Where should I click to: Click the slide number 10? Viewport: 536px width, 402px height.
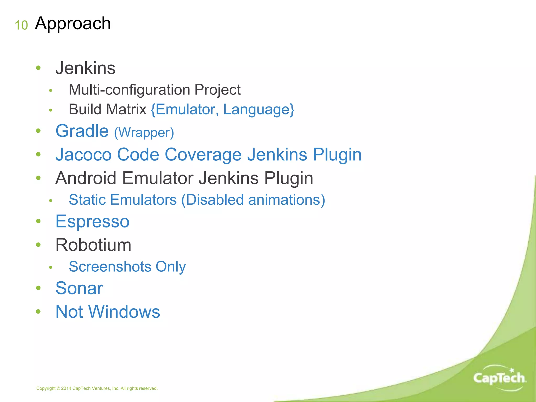tap(21, 25)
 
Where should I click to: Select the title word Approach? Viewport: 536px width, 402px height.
tap(73, 24)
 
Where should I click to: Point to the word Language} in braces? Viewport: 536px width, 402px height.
tap(259, 109)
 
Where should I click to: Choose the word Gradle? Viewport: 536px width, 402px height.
tap(82, 131)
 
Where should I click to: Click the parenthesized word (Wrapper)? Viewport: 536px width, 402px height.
tap(144, 132)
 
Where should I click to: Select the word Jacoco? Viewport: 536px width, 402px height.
tap(83, 154)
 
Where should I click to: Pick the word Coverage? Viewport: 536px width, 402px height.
tap(203, 154)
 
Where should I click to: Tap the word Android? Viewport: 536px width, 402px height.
tap(86, 178)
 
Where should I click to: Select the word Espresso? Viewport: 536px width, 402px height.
tap(92, 221)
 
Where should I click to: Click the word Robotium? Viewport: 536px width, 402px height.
tap(93, 245)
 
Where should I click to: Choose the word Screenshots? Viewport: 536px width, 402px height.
tap(110, 266)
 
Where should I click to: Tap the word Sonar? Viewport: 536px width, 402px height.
tap(79, 288)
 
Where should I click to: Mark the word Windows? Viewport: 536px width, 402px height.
tap(124, 312)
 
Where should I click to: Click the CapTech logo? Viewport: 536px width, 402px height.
tap(499, 378)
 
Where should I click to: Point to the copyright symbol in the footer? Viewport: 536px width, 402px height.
tap(58, 388)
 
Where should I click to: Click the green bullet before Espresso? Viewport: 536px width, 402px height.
tap(38, 221)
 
